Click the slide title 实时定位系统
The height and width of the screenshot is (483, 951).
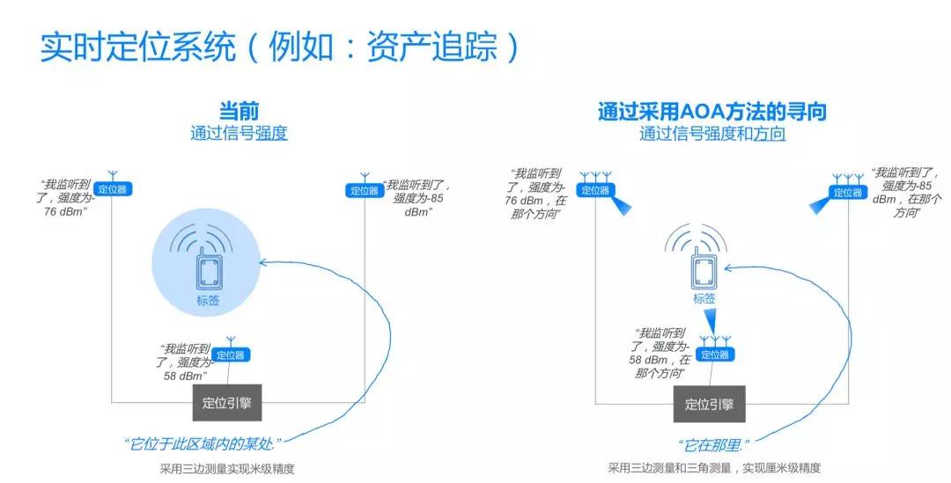[x=137, y=47]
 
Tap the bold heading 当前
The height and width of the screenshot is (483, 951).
[x=239, y=112]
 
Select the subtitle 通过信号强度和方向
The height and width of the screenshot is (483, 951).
[x=712, y=134]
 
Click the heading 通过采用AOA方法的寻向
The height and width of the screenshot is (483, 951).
[x=712, y=112]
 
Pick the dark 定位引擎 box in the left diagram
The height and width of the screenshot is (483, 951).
[x=227, y=402]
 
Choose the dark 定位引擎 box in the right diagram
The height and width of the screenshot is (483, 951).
[x=709, y=404]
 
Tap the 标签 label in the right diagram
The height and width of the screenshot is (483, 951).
[x=704, y=299]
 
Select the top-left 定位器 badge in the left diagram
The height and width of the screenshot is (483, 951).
[x=113, y=189]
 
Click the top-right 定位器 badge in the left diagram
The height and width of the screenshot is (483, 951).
[x=365, y=190]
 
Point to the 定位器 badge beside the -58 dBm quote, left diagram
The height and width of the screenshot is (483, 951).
[x=231, y=355]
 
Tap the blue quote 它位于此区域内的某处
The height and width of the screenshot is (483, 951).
[x=203, y=444]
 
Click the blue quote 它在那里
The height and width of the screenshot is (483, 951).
[x=712, y=446]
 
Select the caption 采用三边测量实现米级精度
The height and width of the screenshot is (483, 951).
[x=227, y=468]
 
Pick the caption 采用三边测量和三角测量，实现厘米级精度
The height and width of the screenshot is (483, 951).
[x=714, y=468]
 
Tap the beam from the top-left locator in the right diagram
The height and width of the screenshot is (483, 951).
[x=621, y=204]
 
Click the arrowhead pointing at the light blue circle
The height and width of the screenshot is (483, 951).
[x=264, y=262]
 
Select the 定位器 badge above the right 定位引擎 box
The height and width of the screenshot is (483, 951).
[x=715, y=355]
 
